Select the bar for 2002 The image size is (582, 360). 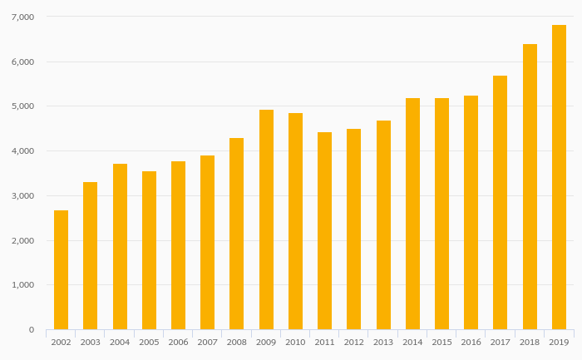(61, 270)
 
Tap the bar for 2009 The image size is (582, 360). (266, 219)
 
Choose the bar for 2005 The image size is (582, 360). (149, 250)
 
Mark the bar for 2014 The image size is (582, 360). (412, 214)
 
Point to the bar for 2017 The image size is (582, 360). (500, 203)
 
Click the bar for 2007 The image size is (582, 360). (207, 243)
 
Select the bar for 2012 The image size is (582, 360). (353, 229)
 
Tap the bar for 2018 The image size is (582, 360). (530, 187)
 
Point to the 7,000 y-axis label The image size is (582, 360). (23, 17)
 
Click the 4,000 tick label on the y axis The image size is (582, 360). (23, 151)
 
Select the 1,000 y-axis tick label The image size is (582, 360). (23, 285)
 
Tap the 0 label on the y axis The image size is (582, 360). (31, 330)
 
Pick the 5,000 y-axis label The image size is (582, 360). (23, 106)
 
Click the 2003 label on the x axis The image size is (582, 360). (90, 342)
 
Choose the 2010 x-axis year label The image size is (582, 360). (295, 342)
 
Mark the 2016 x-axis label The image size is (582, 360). (471, 342)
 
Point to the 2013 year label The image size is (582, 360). (383, 342)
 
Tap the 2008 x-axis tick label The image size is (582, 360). (236, 342)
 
